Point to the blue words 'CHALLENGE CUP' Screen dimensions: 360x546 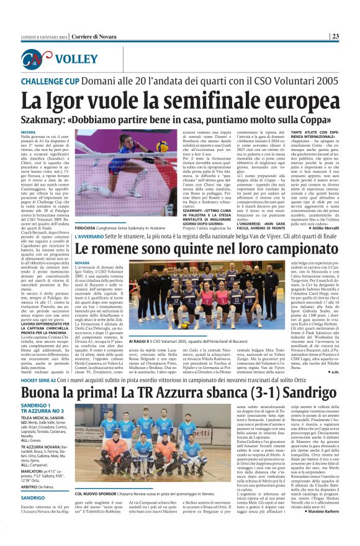click(x=50, y=82)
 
